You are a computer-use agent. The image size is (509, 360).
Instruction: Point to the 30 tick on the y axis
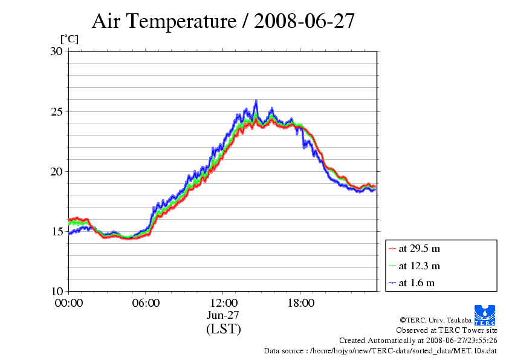coord(57,51)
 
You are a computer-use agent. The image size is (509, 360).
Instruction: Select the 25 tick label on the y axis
coord(57,111)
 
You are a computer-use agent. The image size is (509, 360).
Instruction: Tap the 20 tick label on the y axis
coord(57,171)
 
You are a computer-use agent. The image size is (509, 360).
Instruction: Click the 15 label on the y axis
coord(57,231)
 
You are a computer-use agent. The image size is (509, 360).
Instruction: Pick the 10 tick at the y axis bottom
coord(57,291)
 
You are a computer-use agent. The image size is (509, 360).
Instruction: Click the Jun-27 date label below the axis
coord(223,315)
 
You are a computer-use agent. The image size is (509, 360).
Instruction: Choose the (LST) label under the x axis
coord(223,329)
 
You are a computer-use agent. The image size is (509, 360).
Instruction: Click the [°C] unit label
coord(69,39)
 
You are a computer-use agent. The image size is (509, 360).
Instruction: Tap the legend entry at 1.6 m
coord(417,283)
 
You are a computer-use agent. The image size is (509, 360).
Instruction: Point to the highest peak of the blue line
coord(256,101)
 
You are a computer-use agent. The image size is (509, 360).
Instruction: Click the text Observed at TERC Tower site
coord(447,330)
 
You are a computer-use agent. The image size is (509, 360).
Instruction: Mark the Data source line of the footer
coord(380,350)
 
